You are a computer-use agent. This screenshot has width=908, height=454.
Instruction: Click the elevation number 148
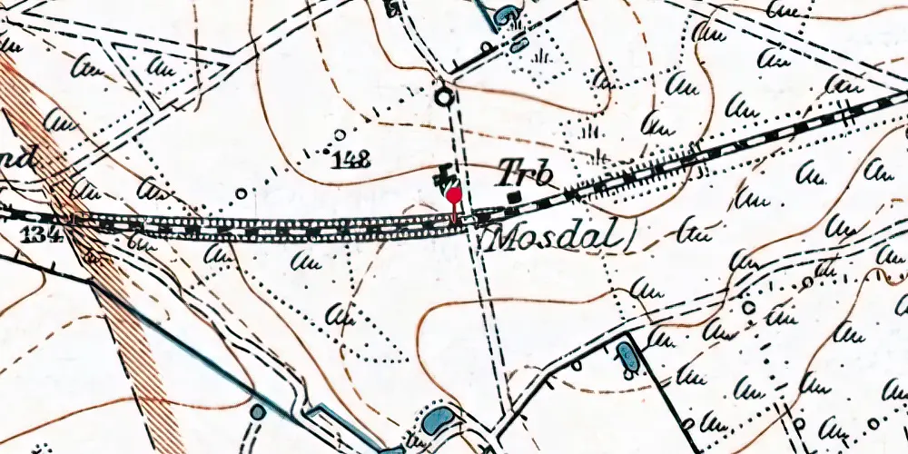tap(351, 162)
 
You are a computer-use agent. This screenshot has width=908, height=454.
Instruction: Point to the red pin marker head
tap(452, 194)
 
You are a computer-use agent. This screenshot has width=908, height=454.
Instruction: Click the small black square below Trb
tap(515, 196)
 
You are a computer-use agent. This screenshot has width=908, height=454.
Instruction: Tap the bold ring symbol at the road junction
tap(443, 95)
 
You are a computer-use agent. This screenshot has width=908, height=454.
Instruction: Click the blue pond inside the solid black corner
tap(627, 355)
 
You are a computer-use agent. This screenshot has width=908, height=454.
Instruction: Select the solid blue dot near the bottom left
tap(258, 412)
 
